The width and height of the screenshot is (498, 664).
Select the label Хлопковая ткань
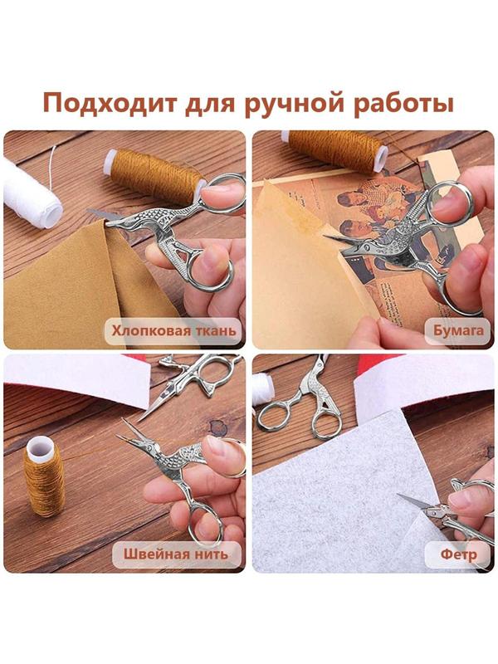coord(173,332)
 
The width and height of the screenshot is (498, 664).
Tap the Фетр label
coord(458,554)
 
